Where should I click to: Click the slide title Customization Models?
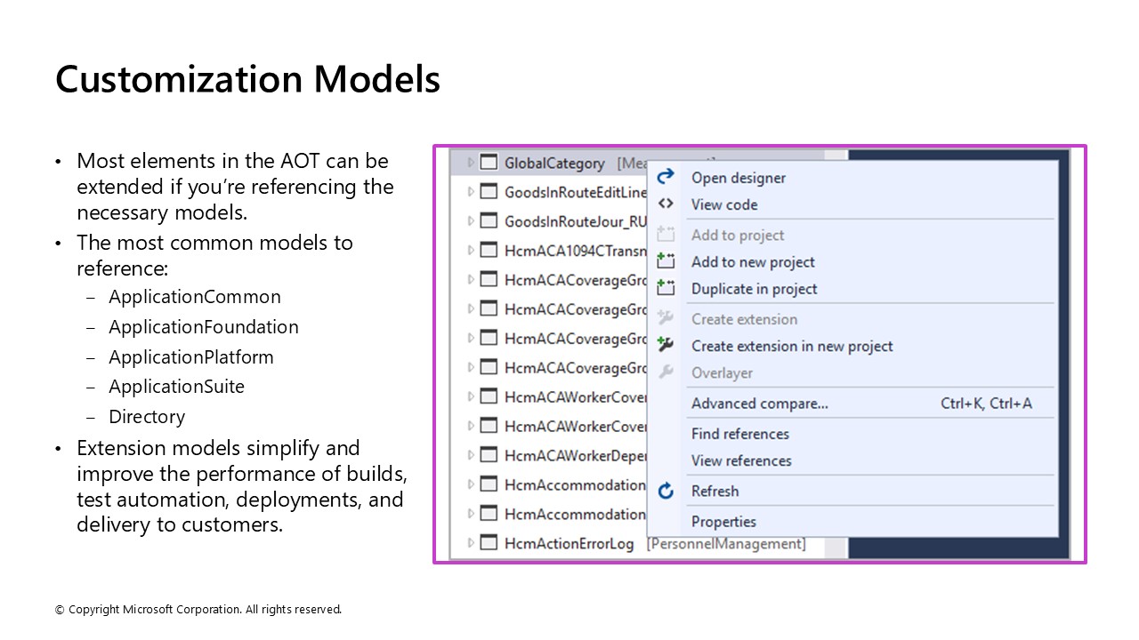247,79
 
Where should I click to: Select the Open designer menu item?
738,178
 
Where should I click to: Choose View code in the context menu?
724,204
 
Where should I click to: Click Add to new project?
753,262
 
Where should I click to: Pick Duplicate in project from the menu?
754,289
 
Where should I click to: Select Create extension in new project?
792,347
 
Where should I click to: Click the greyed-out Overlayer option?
722,373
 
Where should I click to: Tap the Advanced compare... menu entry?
759,404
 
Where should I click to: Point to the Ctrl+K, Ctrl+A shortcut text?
986,404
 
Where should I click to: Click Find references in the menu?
739,434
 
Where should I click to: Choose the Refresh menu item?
715,492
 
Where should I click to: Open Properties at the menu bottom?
723,522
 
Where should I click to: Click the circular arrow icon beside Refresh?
666,492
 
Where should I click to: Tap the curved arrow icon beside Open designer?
666,178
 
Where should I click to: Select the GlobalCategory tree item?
553,164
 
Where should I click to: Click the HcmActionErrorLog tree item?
569,543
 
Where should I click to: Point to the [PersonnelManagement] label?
726,543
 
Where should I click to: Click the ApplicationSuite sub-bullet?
176,387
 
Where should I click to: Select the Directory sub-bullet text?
147,417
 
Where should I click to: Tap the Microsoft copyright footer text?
198,610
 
